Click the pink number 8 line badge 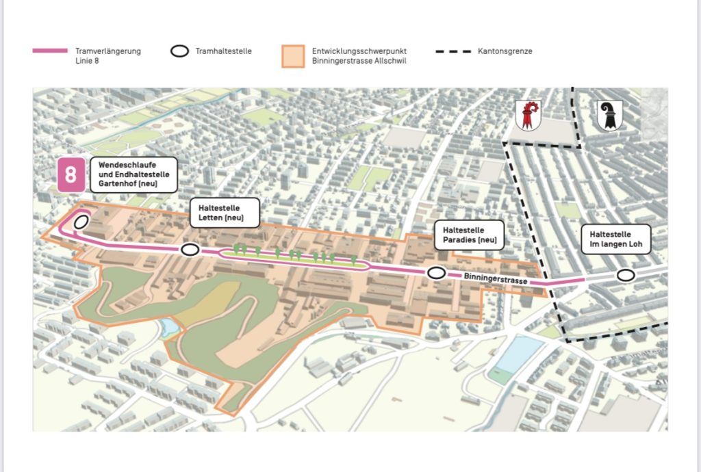point(71,174)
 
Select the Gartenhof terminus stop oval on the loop point(81,221)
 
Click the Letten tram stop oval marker point(190,250)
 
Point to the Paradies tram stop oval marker point(436,273)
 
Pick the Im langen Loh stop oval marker point(624,275)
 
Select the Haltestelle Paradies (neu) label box point(469,235)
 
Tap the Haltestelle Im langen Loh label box point(615,239)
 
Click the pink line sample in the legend point(50,51)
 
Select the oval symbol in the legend point(179,51)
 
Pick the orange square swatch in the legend point(292,55)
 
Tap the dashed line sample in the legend point(453,51)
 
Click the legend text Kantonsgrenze point(505,51)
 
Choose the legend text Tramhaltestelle point(223,51)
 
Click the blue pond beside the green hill point(169,329)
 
